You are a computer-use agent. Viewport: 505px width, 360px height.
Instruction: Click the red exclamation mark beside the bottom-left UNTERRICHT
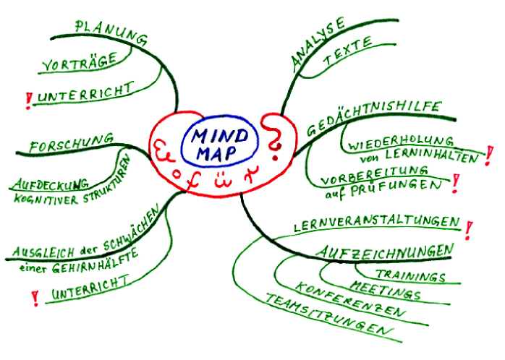pyautogui.click(x=34, y=297)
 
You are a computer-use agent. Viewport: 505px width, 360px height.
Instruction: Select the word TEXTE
pyautogui.click(x=347, y=51)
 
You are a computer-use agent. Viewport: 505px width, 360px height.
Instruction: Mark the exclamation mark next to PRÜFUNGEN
pyautogui.click(x=454, y=186)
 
